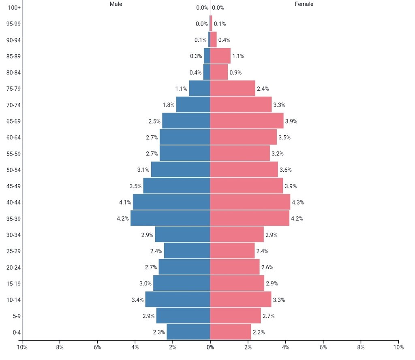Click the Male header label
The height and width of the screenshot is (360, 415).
point(116,4)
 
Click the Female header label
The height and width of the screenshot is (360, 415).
point(304,4)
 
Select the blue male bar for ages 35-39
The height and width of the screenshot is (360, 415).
point(170,218)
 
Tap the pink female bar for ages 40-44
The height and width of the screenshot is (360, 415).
point(250,202)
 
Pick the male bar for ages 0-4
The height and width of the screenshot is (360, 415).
point(188,332)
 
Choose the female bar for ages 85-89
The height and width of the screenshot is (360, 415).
point(220,56)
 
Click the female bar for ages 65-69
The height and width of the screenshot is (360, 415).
point(247,121)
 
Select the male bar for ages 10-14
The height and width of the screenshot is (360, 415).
point(178,299)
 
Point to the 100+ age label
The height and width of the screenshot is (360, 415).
point(14,8)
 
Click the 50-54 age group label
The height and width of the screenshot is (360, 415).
point(13,170)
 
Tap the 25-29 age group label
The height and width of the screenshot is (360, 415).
point(13,251)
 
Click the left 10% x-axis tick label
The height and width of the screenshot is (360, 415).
point(22,347)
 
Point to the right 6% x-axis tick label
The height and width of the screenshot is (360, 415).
point(323,347)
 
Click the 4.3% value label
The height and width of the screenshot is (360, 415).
point(298,202)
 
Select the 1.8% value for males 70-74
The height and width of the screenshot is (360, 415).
point(169,105)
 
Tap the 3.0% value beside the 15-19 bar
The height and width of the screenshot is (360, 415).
point(145,283)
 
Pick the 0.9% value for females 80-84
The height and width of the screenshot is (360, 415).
point(235,72)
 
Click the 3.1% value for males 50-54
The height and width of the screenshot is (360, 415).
point(143,170)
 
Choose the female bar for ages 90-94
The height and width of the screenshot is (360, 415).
point(213,40)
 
